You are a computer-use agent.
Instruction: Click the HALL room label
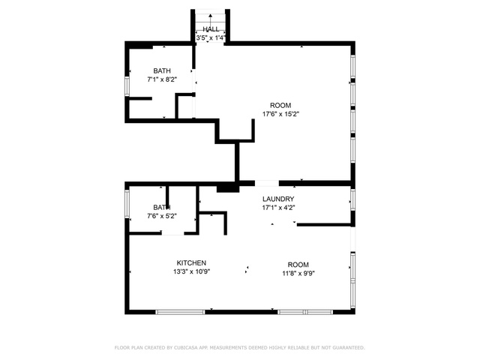[x=211, y=29]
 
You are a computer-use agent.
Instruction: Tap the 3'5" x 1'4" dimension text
[x=211, y=38]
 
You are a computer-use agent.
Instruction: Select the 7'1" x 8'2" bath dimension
[x=162, y=79]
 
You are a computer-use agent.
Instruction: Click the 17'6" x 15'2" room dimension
[x=280, y=114]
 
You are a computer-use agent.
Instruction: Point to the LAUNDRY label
[x=278, y=199]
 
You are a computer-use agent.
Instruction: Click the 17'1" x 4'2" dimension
[x=278, y=208]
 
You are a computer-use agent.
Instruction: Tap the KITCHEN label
[x=191, y=263]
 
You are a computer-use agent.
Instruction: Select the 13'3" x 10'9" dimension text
[x=191, y=271]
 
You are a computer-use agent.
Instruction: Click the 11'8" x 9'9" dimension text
[x=298, y=273]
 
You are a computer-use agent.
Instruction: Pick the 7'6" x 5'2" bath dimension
[x=162, y=216]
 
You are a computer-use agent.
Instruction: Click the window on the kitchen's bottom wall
[x=180, y=312]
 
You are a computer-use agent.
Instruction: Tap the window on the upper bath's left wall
[x=127, y=86]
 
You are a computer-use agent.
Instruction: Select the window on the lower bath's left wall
[x=127, y=203]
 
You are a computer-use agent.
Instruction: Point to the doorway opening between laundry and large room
[x=267, y=183]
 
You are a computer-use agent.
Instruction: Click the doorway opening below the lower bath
[x=172, y=233]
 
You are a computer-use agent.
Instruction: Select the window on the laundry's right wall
[x=353, y=200]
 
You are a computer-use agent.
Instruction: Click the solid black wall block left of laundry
[x=228, y=187]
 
